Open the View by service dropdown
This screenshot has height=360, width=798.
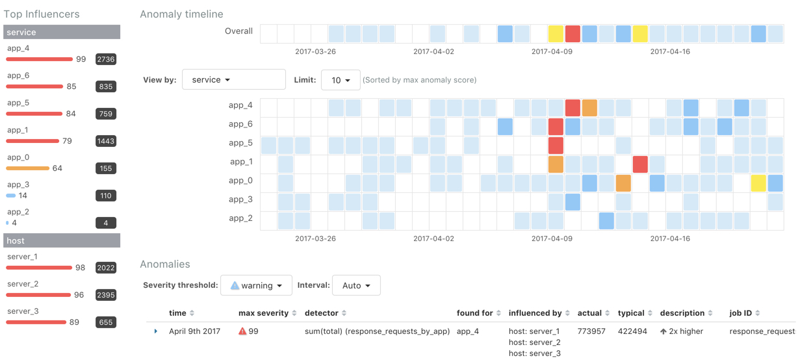[233, 80]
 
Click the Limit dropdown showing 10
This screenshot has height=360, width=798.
[341, 80]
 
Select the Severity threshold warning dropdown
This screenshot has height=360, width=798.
[256, 285]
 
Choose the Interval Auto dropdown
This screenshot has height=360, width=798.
[356, 285]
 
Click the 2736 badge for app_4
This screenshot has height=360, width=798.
[105, 59]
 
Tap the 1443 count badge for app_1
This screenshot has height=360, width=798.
[105, 141]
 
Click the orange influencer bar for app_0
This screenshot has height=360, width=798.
[28, 168]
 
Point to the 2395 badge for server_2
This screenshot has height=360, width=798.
[105, 295]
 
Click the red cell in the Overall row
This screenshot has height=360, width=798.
[573, 34]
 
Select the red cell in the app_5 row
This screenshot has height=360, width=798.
[556, 145]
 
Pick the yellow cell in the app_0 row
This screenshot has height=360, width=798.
[758, 183]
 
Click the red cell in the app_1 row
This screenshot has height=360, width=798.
[640, 164]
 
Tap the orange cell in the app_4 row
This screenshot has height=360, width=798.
[589, 108]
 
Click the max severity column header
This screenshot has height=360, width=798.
[263, 313]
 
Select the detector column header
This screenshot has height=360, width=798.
[321, 313]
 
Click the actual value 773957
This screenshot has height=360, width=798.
[591, 331]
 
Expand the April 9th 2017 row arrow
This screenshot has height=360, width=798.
[156, 331]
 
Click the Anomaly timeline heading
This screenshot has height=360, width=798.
[181, 14]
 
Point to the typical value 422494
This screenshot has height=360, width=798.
[632, 331]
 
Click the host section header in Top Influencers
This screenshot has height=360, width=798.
[62, 240]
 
